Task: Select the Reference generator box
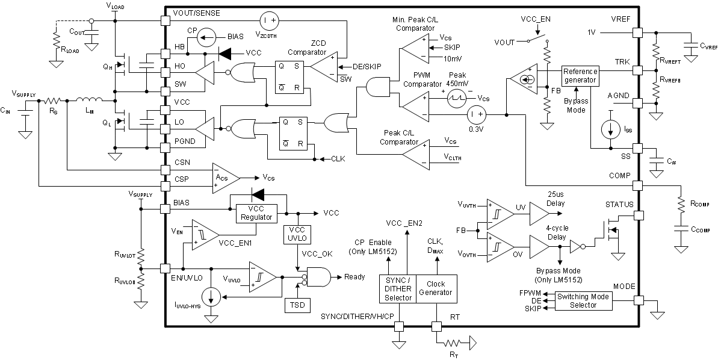[580, 76]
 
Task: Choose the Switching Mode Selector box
[583, 300]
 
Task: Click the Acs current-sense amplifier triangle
[224, 178]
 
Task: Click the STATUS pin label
[619, 205]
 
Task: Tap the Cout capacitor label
[76, 31]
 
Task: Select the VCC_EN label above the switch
[536, 19]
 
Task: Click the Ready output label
[355, 277]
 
